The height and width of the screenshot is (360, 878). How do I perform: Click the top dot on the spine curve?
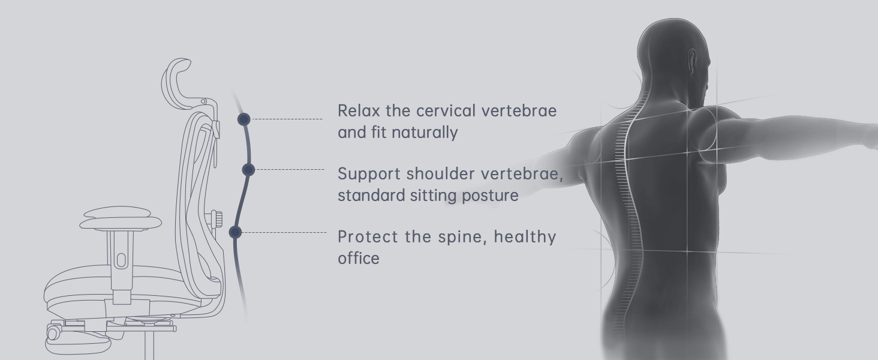[x=244, y=119]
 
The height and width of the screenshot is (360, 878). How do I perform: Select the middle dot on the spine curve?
[x=248, y=170]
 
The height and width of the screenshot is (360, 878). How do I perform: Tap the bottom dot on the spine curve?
[x=235, y=232]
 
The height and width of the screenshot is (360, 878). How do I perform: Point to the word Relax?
[x=359, y=110]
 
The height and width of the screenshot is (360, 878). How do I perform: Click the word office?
[x=359, y=259]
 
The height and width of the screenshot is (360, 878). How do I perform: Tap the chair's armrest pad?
[x=121, y=218]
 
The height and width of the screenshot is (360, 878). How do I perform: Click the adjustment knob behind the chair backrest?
[x=217, y=219]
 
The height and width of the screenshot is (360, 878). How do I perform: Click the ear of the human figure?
[x=692, y=62]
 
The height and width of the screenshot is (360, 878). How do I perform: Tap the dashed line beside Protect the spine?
[x=284, y=233]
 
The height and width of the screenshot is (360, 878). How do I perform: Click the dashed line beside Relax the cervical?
[x=287, y=119]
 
